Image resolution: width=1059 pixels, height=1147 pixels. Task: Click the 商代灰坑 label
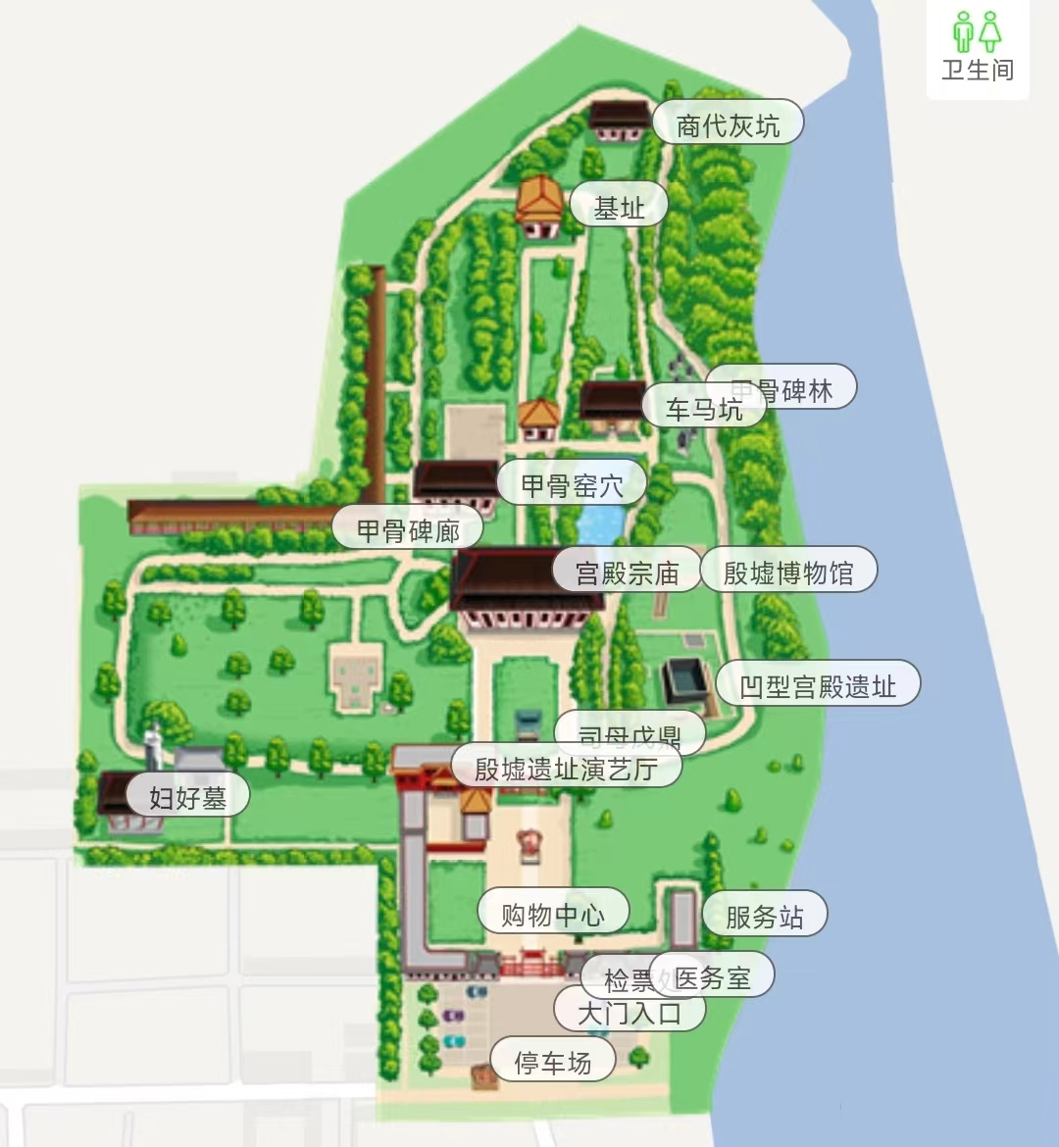[728, 125]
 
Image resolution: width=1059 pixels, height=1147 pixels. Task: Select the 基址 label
[619, 208]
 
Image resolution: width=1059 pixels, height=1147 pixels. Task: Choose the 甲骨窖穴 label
[572, 484]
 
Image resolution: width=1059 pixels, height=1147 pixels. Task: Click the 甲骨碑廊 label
[408, 530]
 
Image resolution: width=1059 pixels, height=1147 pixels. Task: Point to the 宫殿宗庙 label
[627, 573]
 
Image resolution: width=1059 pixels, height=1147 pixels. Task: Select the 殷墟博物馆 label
[788, 573]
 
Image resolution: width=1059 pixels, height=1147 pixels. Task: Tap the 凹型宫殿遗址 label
[818, 686]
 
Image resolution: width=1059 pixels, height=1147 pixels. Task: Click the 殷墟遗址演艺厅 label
[566, 769]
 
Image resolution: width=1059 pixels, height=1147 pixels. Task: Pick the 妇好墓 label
[187, 797]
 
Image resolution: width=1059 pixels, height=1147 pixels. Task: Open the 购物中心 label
[552, 915]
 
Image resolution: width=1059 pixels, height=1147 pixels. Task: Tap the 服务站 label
[764, 917]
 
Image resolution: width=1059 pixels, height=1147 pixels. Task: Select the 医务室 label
[713, 977]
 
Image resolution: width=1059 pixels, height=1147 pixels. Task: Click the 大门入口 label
[629, 1012]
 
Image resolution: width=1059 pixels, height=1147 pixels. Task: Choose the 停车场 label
[553, 1062]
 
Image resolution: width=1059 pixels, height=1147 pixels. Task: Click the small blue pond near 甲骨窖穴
[600, 524]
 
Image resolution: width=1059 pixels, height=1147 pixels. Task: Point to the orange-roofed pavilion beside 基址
[539, 203]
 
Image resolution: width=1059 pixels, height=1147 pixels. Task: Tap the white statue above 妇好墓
[154, 745]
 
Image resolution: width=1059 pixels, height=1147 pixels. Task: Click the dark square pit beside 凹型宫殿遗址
[684, 679]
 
